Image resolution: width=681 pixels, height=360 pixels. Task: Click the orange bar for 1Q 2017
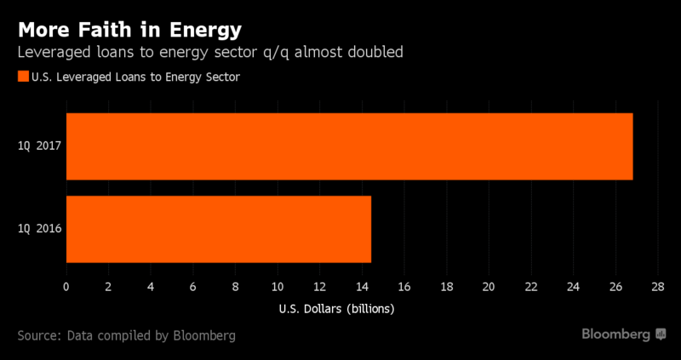pos(349,146)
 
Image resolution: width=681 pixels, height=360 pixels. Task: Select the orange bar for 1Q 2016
pos(218,229)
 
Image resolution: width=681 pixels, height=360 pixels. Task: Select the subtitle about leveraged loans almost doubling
pos(209,53)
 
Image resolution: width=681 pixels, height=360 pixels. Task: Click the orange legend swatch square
pos(22,77)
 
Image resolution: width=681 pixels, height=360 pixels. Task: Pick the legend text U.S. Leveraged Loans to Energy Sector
pos(134,77)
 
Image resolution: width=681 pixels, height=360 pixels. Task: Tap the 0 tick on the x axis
pos(66,287)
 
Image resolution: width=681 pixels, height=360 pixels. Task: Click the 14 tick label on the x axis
pos(362,287)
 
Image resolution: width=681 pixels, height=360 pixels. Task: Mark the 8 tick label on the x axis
pos(235,287)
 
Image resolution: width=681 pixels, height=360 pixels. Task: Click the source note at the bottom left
pos(126,335)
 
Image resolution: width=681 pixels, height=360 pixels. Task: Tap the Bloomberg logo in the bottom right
pos(623,334)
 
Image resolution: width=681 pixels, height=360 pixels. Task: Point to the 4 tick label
pos(151,287)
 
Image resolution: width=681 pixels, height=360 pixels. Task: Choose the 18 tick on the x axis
pos(446,287)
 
